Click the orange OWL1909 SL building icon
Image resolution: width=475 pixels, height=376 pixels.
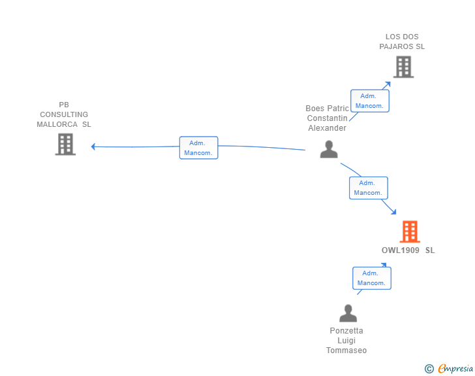click(410, 231)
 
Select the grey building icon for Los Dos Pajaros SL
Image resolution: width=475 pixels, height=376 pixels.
click(403, 67)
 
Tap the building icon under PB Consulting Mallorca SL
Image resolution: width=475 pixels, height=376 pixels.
click(65, 145)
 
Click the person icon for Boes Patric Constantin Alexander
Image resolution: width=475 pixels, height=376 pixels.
click(329, 149)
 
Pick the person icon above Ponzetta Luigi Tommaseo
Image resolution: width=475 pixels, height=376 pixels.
click(348, 313)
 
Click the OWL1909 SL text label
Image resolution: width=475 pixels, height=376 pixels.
click(408, 250)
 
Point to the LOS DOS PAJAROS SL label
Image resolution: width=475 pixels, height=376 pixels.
click(402, 42)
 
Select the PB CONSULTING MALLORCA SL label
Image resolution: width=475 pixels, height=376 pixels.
click(64, 114)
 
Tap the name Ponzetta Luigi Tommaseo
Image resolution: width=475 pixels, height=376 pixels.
click(346, 341)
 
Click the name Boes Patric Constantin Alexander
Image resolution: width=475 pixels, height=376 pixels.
click(327, 118)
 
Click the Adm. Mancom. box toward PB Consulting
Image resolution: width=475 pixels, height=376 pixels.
click(199, 148)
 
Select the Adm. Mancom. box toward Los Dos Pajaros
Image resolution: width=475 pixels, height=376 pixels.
click(369, 101)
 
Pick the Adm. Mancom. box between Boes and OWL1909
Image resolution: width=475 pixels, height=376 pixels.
click(369, 188)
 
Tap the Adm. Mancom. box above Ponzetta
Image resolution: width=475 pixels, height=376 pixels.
click(372, 278)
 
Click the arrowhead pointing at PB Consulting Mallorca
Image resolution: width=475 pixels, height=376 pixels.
click(93, 146)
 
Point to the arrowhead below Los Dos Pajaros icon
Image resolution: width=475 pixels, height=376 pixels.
click(388, 84)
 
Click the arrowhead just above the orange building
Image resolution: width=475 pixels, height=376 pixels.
click(393, 212)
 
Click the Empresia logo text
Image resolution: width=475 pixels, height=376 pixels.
click(455, 368)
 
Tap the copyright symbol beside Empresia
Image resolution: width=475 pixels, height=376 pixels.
click(429, 369)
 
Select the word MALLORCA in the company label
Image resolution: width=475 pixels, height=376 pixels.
click(57, 124)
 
